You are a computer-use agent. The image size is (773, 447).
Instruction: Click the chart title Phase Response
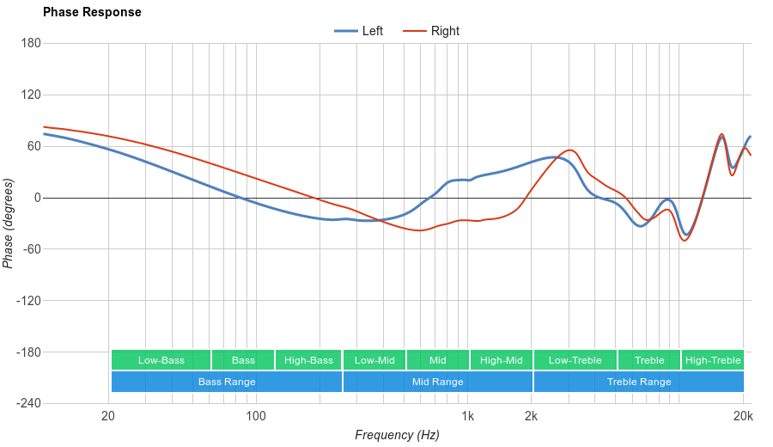(x=92, y=13)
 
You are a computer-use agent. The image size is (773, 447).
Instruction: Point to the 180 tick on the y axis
(x=31, y=43)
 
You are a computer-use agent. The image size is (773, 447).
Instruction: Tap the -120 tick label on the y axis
(x=27, y=301)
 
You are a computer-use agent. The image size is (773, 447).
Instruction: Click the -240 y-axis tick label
(x=27, y=404)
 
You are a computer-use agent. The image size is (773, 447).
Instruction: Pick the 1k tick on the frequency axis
(x=467, y=417)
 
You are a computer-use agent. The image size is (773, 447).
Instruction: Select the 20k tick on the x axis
(x=744, y=417)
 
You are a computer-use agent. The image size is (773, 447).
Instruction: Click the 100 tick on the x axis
(x=256, y=417)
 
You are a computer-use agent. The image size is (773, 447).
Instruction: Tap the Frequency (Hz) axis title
(x=397, y=435)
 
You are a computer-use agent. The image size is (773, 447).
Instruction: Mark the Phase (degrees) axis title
(x=9, y=223)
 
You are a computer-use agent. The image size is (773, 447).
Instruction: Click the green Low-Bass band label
(x=161, y=360)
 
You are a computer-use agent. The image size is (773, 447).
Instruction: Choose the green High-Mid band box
(x=502, y=360)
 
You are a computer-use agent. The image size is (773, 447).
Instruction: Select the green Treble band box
(x=649, y=360)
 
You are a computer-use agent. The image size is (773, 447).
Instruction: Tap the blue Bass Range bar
(x=227, y=382)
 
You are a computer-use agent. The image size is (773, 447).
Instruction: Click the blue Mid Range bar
(x=438, y=382)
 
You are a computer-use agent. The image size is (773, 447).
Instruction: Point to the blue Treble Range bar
(x=639, y=382)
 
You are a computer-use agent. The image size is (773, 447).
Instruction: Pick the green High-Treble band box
(x=713, y=360)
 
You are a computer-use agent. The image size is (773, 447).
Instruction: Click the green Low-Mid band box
(x=374, y=360)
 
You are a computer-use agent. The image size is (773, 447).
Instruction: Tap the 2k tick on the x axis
(x=532, y=417)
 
